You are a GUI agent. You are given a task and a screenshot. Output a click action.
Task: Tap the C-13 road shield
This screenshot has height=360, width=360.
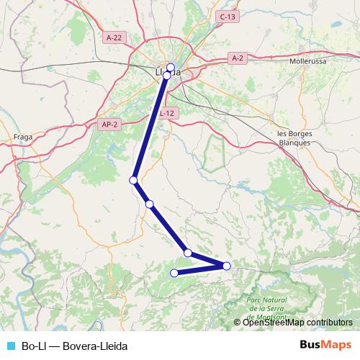(x=228, y=17)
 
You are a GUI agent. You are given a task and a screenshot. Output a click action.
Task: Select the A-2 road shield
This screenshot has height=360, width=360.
(x=238, y=57)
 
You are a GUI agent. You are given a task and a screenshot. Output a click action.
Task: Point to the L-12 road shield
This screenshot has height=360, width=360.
(x=167, y=113)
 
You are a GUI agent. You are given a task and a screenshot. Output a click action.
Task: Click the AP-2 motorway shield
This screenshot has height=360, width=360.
(x=109, y=125)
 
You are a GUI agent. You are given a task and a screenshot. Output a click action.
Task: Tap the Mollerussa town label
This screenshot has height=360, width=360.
(x=307, y=62)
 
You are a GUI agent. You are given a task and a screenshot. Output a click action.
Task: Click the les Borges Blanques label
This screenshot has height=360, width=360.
(x=294, y=138)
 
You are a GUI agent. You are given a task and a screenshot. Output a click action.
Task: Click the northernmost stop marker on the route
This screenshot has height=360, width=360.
(x=171, y=68)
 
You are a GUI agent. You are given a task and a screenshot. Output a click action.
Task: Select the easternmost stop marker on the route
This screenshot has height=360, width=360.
(x=226, y=266)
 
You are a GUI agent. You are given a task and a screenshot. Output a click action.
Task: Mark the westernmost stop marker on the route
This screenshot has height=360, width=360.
(x=133, y=179)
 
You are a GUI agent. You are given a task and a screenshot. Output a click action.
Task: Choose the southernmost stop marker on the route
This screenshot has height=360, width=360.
(x=174, y=272)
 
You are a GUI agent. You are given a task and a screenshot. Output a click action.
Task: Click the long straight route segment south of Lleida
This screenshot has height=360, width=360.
(x=150, y=126)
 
